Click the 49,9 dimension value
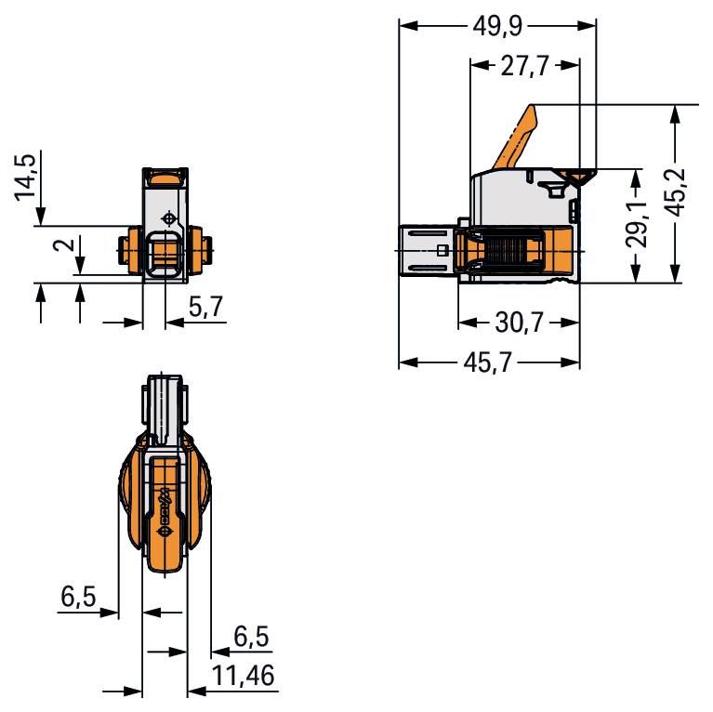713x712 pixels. click(x=497, y=26)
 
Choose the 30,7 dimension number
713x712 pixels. click(x=520, y=323)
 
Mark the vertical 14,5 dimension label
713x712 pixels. click(x=25, y=177)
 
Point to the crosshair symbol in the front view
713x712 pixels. click(x=168, y=219)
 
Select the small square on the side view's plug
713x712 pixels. click(x=442, y=251)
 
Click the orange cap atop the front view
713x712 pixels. click(x=165, y=177)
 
